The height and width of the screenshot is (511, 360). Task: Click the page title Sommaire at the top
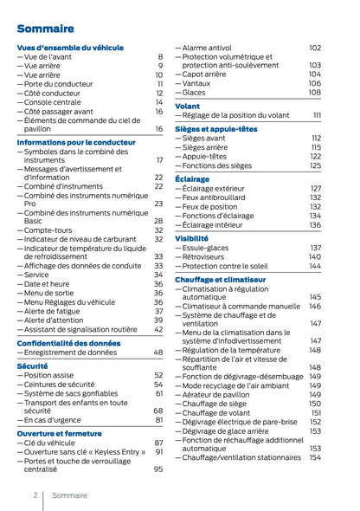[x=45, y=29]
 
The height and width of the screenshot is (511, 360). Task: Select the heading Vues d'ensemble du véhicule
[x=70, y=47]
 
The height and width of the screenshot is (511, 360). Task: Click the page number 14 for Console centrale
[x=158, y=102]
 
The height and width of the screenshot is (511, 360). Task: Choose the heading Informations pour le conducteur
[x=76, y=141]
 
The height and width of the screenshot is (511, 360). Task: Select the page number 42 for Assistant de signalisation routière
[x=158, y=329]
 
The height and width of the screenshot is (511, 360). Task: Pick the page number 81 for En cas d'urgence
[x=158, y=420]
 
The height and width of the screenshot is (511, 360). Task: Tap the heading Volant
[x=187, y=106]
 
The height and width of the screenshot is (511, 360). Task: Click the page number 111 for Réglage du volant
[x=317, y=115]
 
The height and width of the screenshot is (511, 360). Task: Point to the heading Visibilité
[x=191, y=238]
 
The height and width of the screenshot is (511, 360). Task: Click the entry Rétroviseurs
[x=206, y=257]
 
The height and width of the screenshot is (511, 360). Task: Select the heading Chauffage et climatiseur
[x=220, y=280]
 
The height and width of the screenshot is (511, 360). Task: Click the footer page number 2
[x=35, y=495]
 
